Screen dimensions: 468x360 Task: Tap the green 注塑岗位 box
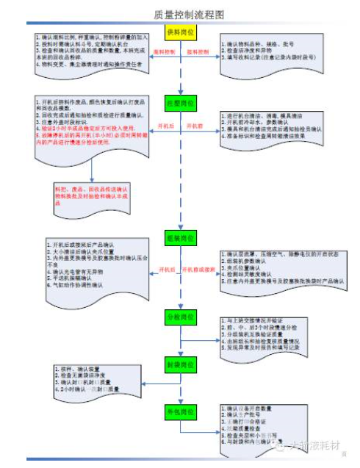pos(180,104)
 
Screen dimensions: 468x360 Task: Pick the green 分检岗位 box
pos(180,316)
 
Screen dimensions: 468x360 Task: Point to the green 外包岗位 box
pos(180,410)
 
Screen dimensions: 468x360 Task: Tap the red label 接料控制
pos(198,53)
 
